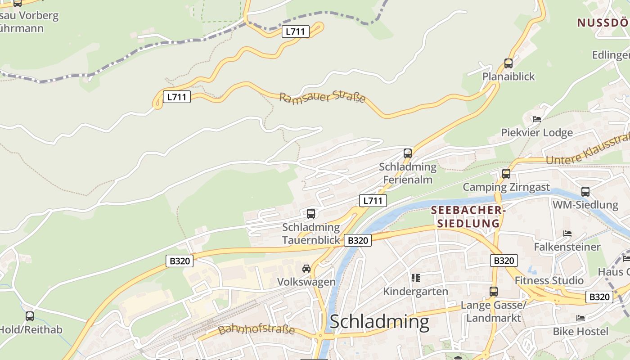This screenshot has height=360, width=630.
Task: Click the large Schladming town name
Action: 379,322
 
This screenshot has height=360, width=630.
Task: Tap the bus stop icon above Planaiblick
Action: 508,63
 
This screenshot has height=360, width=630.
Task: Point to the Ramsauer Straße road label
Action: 322,97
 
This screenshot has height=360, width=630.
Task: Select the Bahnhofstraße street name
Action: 256,329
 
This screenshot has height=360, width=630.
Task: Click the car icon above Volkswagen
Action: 306,269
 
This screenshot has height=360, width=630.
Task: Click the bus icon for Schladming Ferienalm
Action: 408,153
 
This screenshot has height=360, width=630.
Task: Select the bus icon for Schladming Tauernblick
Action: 311,214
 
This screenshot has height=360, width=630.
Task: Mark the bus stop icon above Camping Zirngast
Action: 506,174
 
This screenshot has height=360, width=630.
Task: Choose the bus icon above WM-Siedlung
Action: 585,192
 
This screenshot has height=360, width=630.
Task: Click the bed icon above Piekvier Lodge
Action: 536,119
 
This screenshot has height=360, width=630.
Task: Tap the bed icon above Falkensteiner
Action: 567,234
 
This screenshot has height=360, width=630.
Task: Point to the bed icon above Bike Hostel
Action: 580,318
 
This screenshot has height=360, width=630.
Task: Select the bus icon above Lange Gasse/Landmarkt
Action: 494,292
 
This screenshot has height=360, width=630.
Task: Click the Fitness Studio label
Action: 549,280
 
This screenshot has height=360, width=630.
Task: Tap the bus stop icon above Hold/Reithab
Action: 30,316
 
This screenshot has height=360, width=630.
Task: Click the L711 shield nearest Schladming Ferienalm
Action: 373,201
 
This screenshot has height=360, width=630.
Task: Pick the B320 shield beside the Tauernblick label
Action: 358,240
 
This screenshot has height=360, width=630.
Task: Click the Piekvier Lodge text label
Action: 537,133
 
